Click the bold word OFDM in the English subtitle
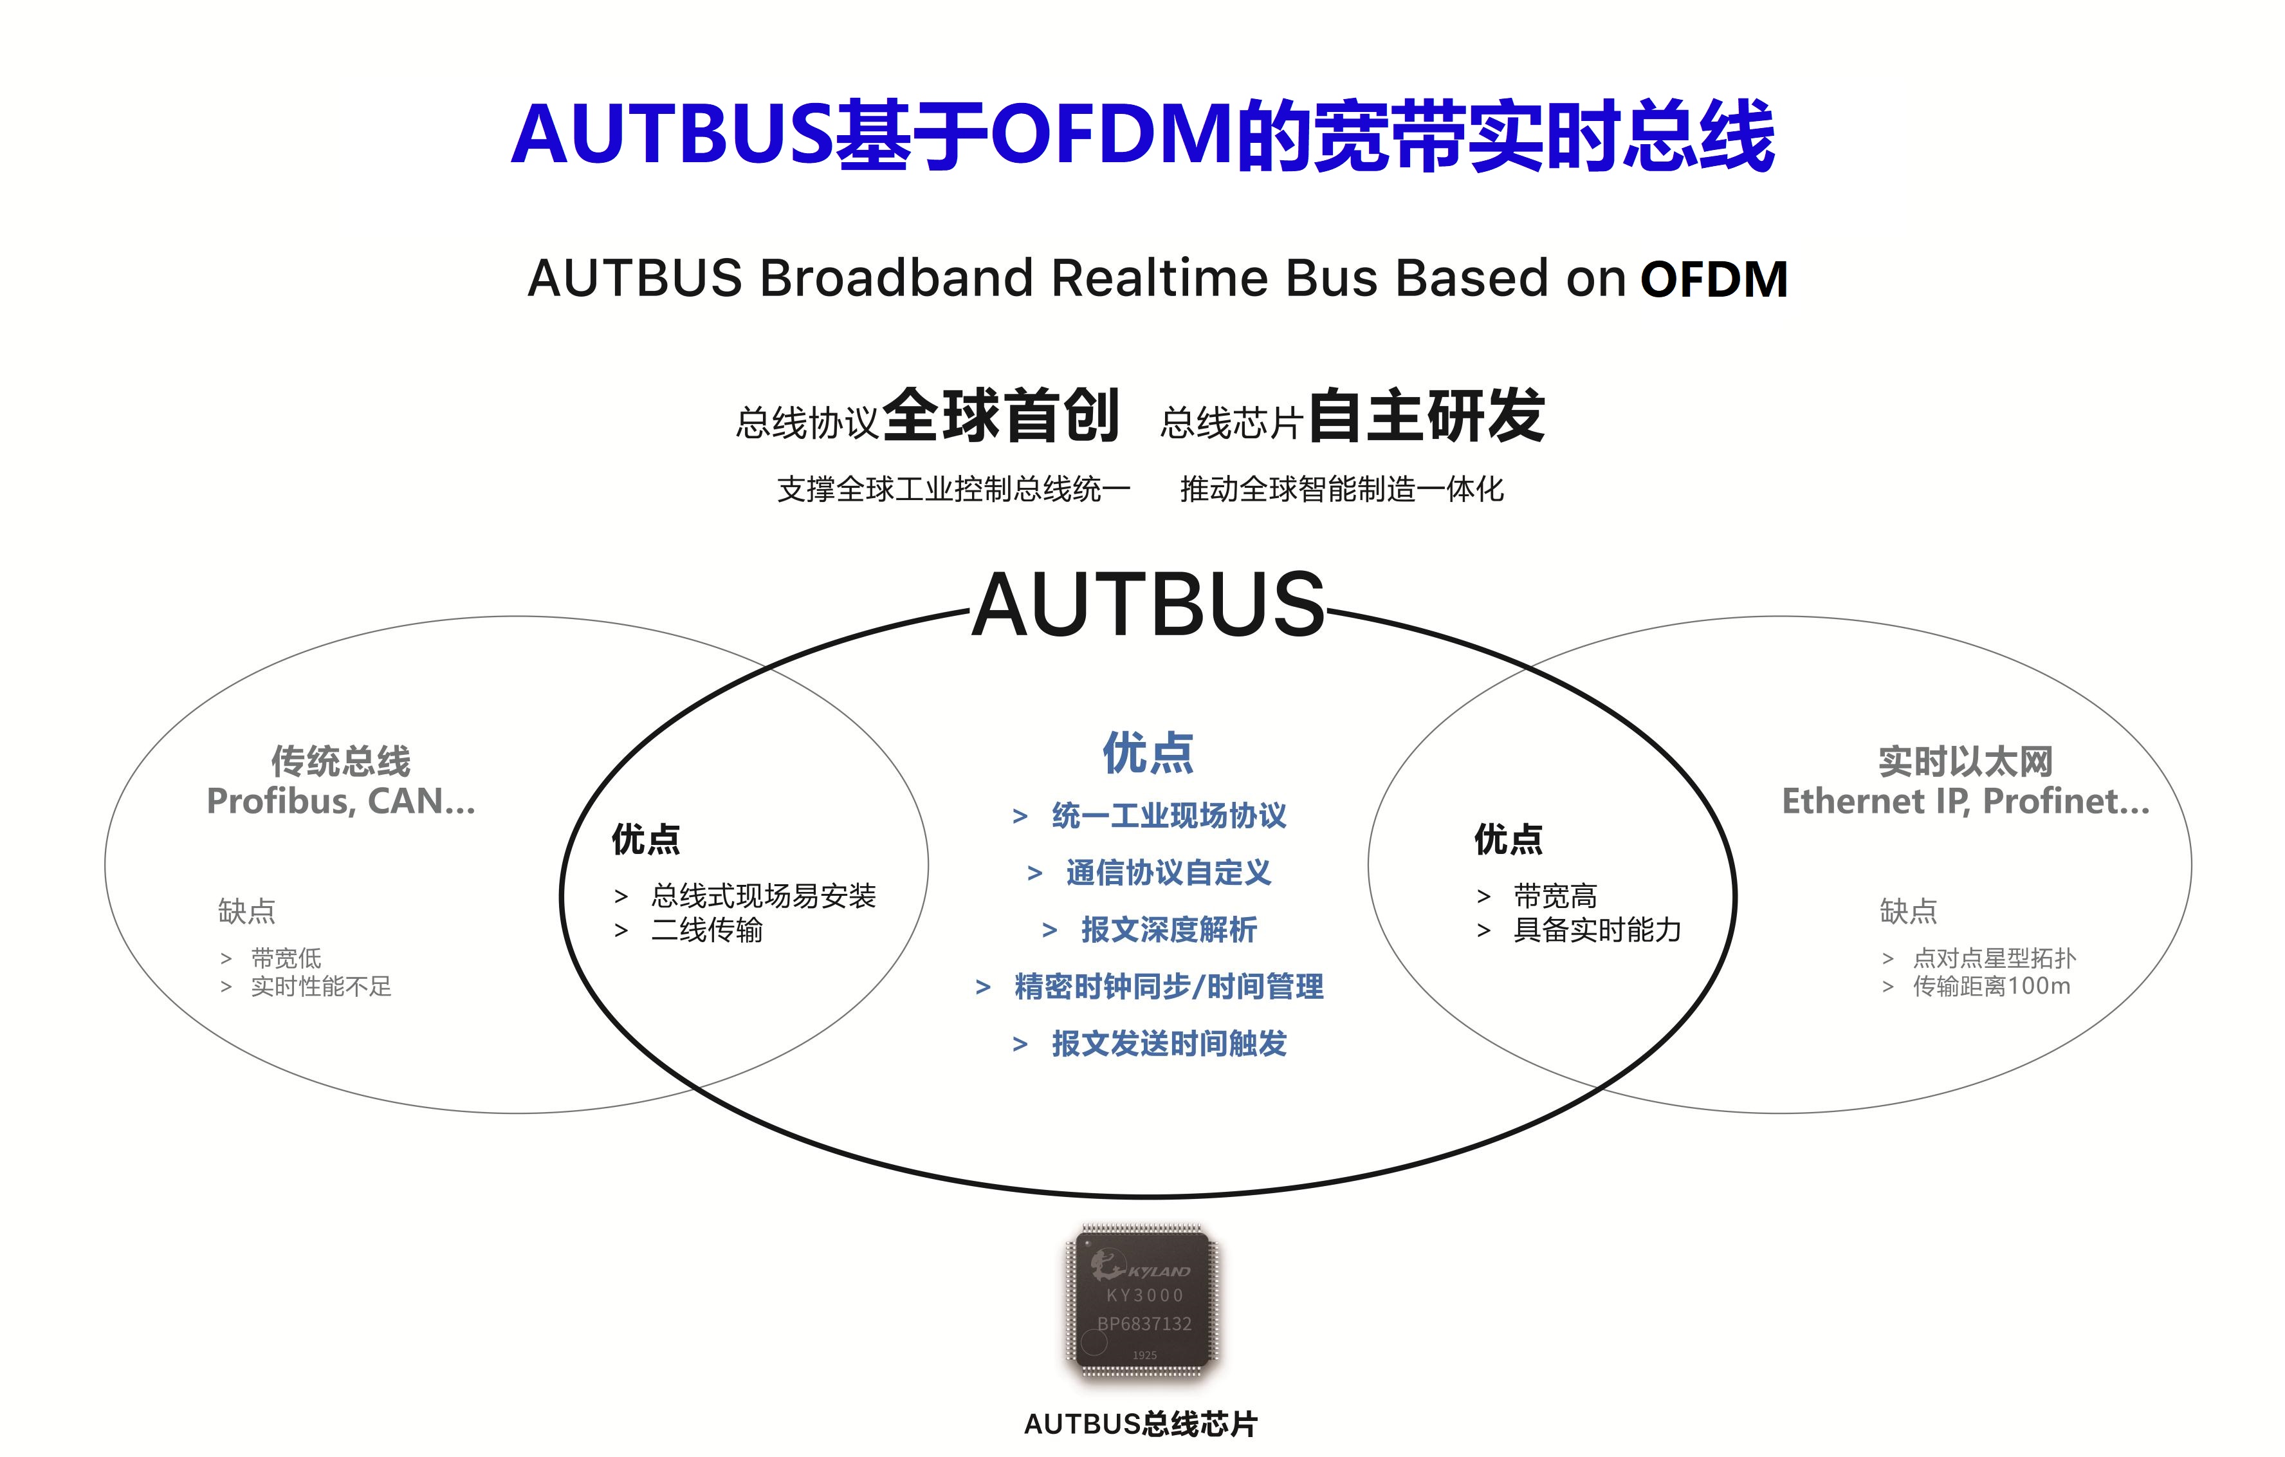click(1714, 280)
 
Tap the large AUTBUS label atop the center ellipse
click(1148, 606)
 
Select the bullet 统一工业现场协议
click(1168, 815)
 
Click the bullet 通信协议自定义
click(1168, 872)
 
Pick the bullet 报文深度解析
click(1168, 929)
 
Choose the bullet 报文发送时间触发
click(1168, 1043)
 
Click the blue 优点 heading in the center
click(1148, 753)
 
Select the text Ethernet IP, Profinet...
click(1965, 801)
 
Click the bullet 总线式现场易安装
click(763, 895)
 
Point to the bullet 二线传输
click(707, 929)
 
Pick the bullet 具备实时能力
click(1597, 929)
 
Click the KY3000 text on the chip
click(1144, 1295)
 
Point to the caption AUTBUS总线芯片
click(1141, 1424)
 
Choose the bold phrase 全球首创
click(1001, 416)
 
